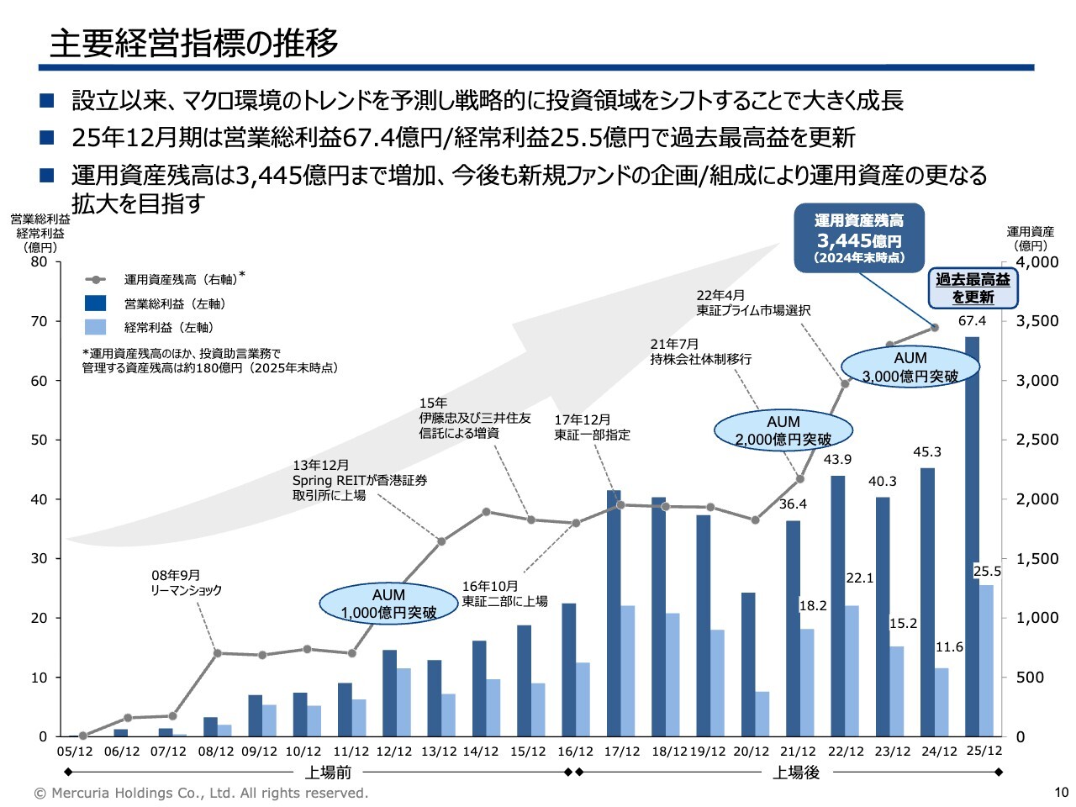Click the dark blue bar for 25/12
pos(972,538)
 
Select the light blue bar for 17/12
pos(628,671)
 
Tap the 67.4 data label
pos(972,321)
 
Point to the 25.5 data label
pos(987,572)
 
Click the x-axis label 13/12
pos(439,752)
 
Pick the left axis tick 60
pos(40,381)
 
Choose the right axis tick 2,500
pos(1036,440)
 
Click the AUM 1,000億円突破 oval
pos(388,604)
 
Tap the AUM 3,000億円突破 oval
pos(910,367)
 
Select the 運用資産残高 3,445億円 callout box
pos(858,238)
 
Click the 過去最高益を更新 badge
pos(973,288)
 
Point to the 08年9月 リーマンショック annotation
pos(187,583)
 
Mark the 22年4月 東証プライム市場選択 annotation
pos(753,303)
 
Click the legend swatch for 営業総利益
pos(96,303)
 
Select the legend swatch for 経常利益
pos(96,327)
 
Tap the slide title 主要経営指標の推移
pos(194,43)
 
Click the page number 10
pos(1061,793)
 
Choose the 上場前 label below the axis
pos(328,773)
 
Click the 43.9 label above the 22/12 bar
pos(837,459)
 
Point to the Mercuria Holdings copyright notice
pos(201,793)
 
